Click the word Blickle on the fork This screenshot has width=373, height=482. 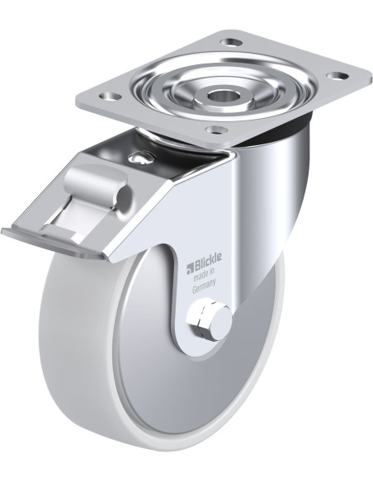(x=207, y=261)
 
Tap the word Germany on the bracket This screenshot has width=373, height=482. (x=204, y=286)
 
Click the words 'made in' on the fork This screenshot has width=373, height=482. (x=203, y=275)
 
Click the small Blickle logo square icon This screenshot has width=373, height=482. (x=189, y=268)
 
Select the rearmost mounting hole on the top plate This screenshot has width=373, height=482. (x=232, y=41)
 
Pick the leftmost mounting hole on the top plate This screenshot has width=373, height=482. (x=111, y=97)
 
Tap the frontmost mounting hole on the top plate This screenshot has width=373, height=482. (x=215, y=130)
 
